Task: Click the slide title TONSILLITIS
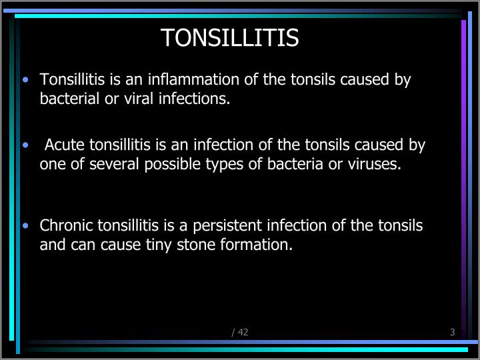pyautogui.click(x=229, y=38)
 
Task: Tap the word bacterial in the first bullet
pyautogui.click(x=67, y=99)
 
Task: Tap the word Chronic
pyautogui.click(x=62, y=225)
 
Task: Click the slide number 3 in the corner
pyautogui.click(x=452, y=332)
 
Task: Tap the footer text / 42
pyautogui.click(x=239, y=332)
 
